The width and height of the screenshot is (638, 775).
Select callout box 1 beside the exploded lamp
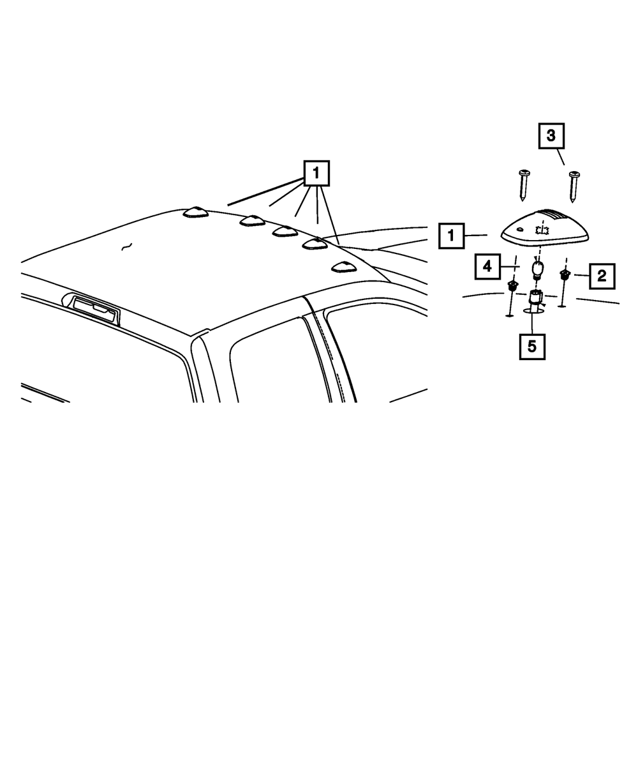point(451,236)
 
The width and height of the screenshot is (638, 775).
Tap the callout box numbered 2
point(602,276)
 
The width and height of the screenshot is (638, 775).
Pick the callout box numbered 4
point(487,266)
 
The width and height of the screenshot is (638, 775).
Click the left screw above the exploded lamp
point(524,184)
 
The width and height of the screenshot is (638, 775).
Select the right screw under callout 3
point(575,186)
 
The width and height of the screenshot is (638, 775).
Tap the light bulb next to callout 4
point(537,270)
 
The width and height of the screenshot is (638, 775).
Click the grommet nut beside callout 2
point(564,275)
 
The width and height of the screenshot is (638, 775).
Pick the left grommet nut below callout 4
point(512,286)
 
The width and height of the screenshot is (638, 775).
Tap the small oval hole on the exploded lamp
point(521,229)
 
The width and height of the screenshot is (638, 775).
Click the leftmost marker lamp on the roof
point(195,212)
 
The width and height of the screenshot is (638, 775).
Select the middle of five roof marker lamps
point(285,230)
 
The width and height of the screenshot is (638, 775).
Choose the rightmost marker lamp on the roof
point(343,266)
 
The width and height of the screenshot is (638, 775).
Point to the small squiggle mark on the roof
point(127,246)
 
